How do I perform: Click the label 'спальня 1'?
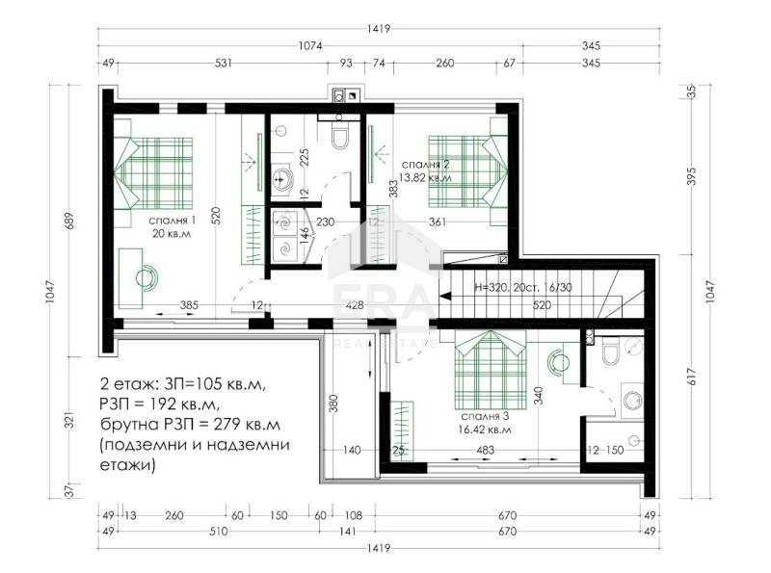tap(173, 220)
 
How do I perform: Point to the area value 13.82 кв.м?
tap(426, 177)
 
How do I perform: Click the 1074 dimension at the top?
tap(309, 45)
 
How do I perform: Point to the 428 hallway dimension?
tap(355, 305)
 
